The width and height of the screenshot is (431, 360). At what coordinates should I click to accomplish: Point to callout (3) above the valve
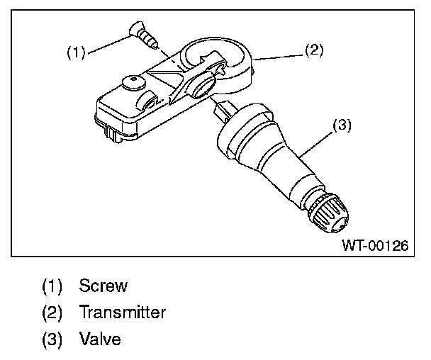coord(341,125)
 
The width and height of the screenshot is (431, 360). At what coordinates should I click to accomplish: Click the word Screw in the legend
coord(103,286)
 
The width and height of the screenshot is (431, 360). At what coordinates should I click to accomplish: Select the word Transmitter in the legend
coord(123,312)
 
